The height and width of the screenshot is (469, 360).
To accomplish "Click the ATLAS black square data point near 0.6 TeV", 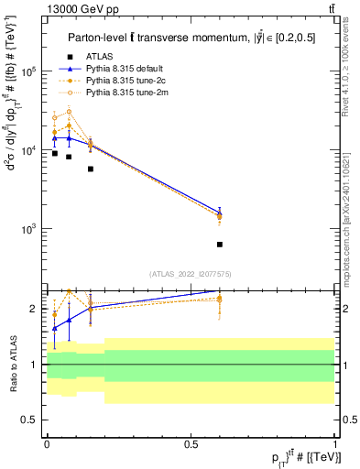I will [x=220, y=245].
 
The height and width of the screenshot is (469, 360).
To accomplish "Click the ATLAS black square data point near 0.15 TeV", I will [x=91, y=169].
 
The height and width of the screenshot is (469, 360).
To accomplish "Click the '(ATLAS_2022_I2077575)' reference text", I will [x=191, y=273].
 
